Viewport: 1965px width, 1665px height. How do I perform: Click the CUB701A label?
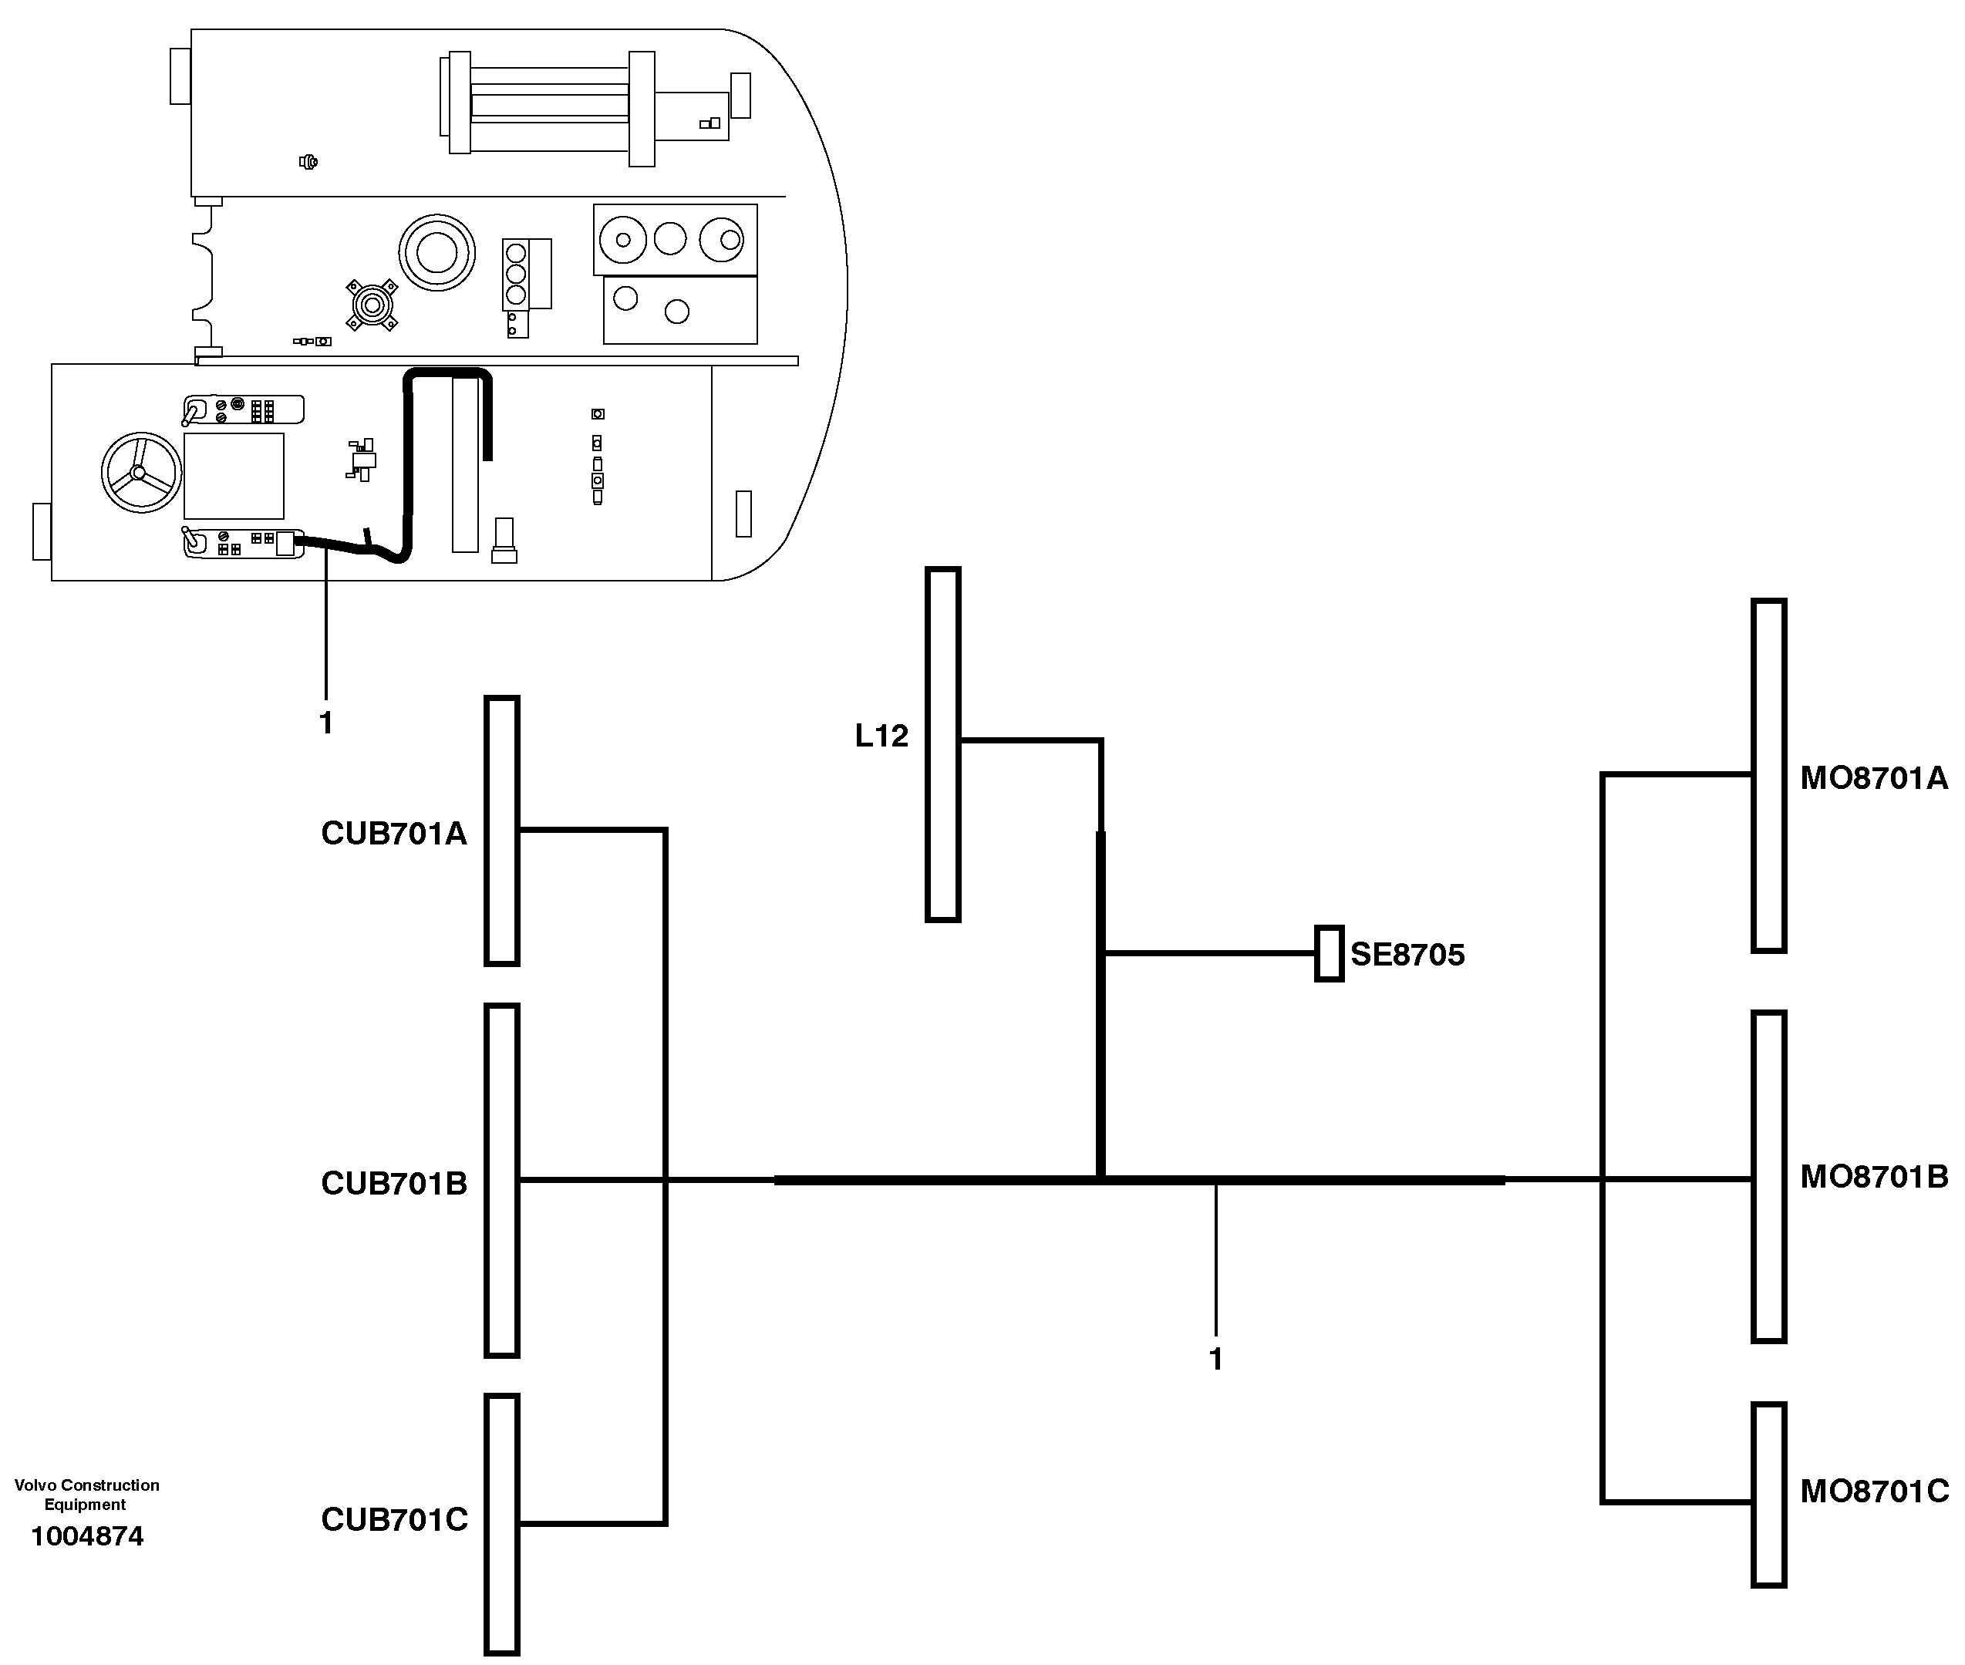coord(393,834)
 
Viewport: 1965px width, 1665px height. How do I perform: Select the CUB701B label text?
coord(393,1183)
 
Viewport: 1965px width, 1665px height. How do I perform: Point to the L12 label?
coord(881,735)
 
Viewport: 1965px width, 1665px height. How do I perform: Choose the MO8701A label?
coord(1873,778)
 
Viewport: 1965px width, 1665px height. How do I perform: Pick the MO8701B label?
coord(1873,1176)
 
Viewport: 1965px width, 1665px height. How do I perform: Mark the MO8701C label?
coord(1873,1491)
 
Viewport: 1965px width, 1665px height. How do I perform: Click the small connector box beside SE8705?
coord(1329,953)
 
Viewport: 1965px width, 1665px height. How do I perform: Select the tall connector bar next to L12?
coord(942,743)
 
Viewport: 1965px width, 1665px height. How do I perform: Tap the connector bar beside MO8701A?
coord(1768,776)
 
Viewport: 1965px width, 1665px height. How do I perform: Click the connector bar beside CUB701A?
coord(502,831)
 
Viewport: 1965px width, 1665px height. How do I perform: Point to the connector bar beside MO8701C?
coord(1768,1494)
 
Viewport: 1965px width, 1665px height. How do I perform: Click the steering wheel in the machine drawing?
coord(142,473)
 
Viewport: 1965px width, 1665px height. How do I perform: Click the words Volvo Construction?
coord(87,1485)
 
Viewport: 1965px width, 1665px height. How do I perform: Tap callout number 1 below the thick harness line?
coord(1215,1359)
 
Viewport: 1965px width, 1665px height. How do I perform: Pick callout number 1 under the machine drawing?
coord(325,723)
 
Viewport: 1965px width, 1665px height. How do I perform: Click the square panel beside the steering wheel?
coord(233,476)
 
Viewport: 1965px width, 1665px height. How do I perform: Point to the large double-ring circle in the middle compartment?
coord(436,253)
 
